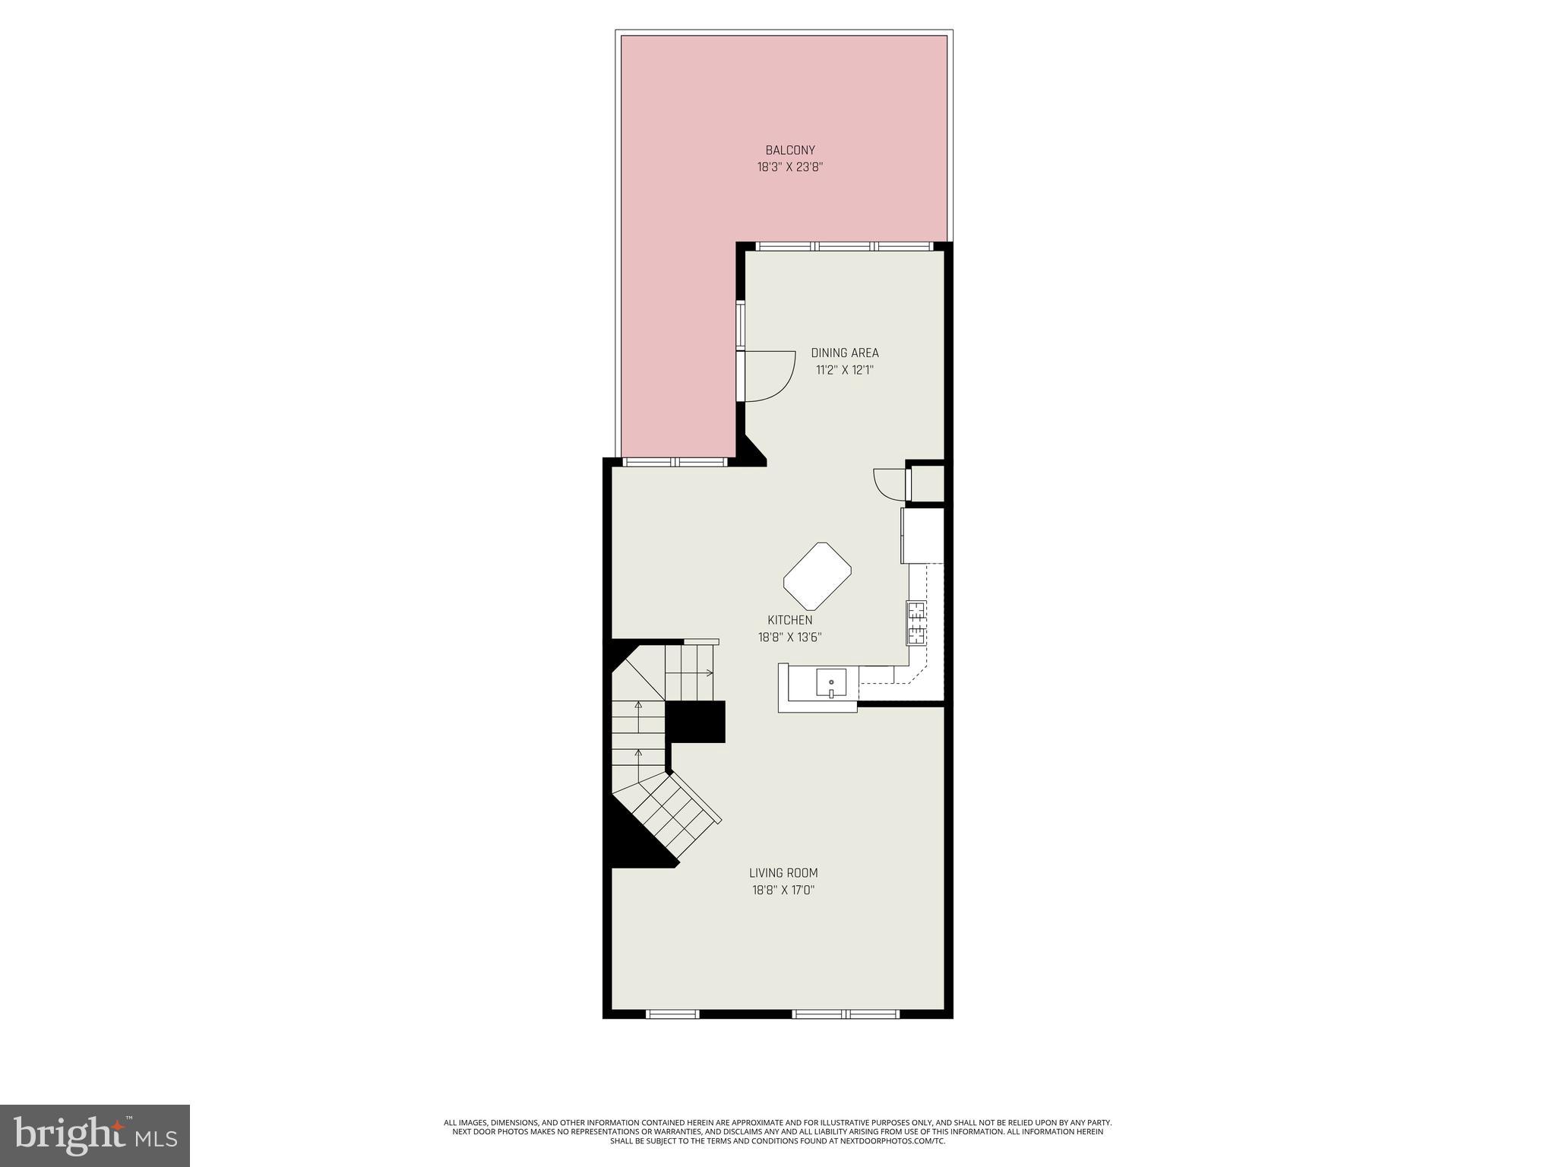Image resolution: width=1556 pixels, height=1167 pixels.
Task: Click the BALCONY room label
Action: coord(790,150)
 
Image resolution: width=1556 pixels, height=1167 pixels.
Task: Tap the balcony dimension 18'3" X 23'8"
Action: coord(790,167)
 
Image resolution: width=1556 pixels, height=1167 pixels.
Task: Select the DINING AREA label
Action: coord(844,353)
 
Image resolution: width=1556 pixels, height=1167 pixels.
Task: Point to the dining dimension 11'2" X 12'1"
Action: coord(844,370)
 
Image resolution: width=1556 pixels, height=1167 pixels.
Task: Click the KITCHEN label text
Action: coord(789,620)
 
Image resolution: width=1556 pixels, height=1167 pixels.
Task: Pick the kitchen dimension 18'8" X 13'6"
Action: coord(789,637)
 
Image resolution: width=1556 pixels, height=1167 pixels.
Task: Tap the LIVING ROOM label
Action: coord(783,873)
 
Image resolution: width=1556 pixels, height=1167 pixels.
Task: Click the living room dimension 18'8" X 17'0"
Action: coord(783,890)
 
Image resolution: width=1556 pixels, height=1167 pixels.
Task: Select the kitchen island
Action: coord(817,576)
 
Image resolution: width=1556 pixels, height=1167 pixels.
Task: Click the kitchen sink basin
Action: coord(831,682)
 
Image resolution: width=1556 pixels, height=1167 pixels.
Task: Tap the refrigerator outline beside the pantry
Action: coord(922,536)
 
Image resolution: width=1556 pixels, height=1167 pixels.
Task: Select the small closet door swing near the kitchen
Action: coord(889,483)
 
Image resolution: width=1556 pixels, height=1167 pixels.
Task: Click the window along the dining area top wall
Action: coord(843,246)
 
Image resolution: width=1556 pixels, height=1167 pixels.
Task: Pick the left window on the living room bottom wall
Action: coord(672,1014)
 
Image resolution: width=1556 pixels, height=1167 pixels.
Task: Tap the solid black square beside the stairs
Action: coord(696,721)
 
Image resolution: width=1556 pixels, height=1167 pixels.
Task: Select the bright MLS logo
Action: coord(95,1135)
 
